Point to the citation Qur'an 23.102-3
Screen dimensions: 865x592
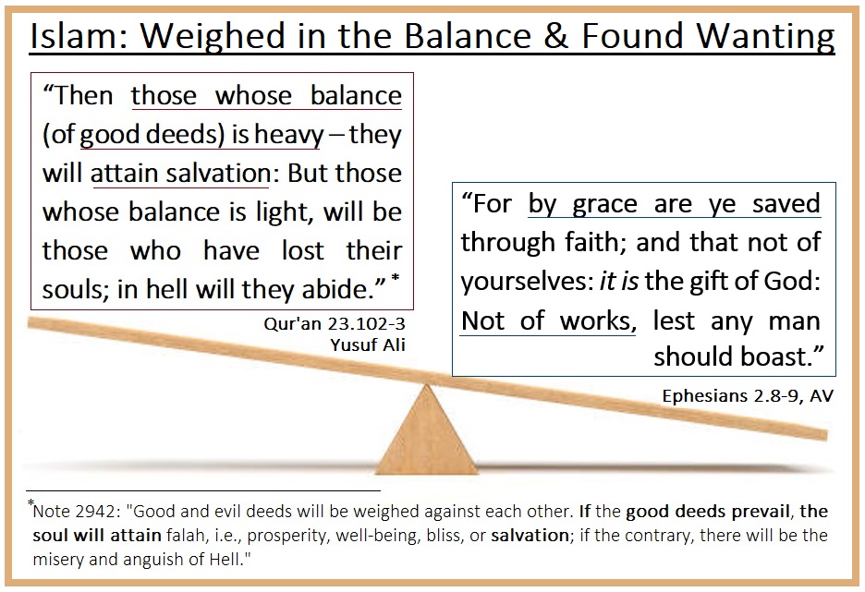pos(335,323)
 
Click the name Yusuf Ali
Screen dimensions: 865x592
pos(368,345)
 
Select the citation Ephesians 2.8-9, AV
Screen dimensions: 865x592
pos(748,396)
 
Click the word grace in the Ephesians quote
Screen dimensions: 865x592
pos(604,205)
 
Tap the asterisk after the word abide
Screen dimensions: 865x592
pos(395,278)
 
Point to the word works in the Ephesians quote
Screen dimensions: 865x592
pos(598,320)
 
